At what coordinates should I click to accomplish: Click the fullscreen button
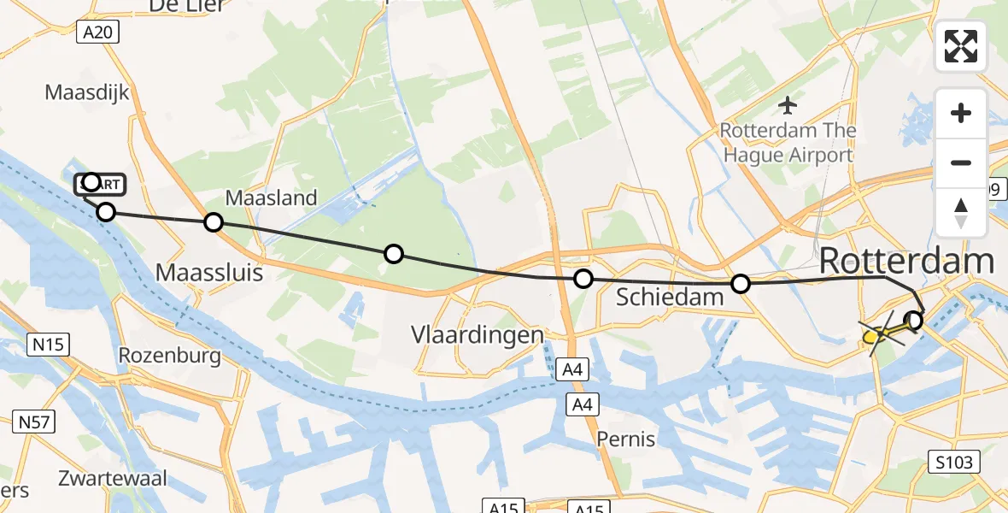click(961, 46)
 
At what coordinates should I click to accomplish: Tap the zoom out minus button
click(961, 162)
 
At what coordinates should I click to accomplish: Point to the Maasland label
click(271, 198)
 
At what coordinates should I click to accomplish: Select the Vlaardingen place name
click(478, 333)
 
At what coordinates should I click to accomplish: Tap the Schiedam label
click(670, 298)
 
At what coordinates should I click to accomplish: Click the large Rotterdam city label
click(906, 262)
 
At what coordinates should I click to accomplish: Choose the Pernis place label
click(626, 439)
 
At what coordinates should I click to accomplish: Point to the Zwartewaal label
click(114, 478)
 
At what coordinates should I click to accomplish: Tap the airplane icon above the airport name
click(787, 105)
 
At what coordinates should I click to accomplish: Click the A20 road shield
click(100, 32)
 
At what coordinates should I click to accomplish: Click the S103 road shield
click(954, 463)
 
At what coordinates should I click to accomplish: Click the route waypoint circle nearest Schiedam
click(741, 284)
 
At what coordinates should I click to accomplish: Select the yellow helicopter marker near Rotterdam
click(873, 336)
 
